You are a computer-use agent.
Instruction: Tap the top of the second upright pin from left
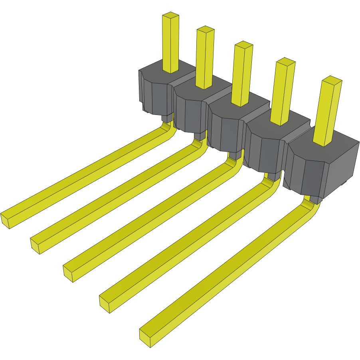pyautogui.click(x=206, y=30)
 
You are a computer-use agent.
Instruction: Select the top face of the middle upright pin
pyautogui.click(x=243, y=45)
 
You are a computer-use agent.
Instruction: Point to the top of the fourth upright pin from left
pyautogui.click(x=285, y=62)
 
